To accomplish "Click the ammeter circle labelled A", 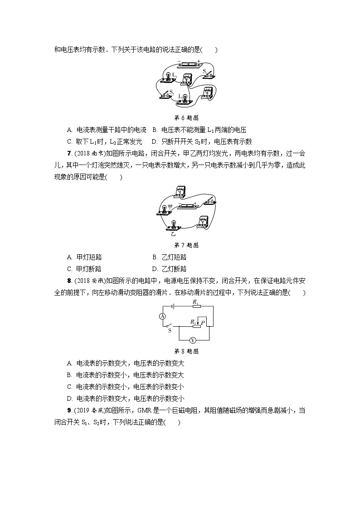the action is (x=162, y=316).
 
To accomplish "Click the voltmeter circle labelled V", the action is (x=192, y=340).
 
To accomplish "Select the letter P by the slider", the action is (x=204, y=322).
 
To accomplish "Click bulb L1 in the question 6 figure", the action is (x=168, y=77).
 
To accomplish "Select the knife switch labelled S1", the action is (x=207, y=74).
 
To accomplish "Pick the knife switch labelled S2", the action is (x=166, y=94).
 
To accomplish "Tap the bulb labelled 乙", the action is (x=174, y=225).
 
